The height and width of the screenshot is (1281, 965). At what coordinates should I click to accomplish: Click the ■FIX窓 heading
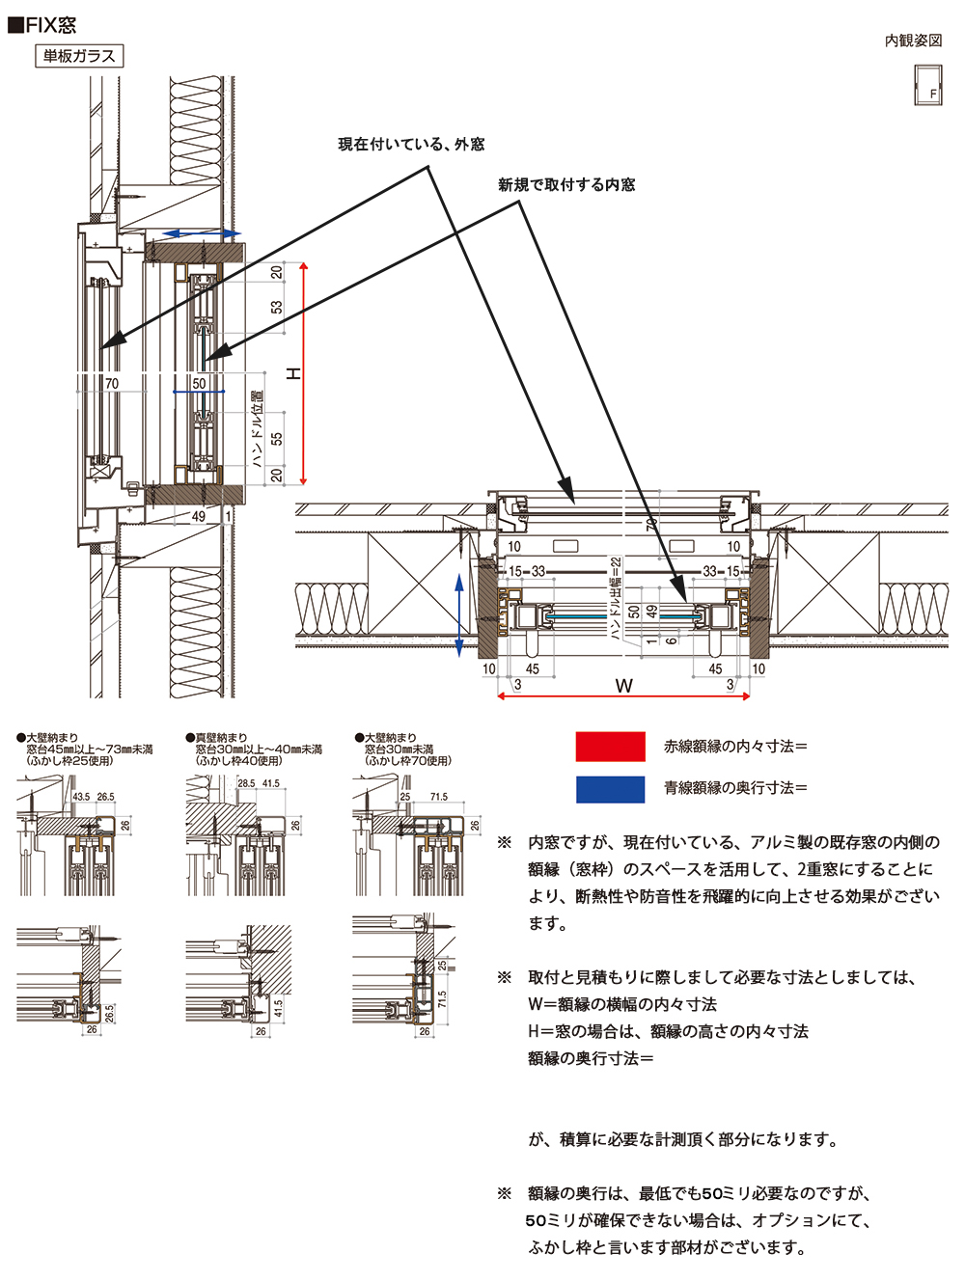pyautogui.click(x=42, y=25)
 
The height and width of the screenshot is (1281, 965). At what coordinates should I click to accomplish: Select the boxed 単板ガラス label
pyautogui.click(x=79, y=56)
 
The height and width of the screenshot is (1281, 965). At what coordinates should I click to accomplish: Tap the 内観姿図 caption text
pyautogui.click(x=913, y=41)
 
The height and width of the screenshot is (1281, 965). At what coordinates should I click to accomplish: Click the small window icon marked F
pyautogui.click(x=927, y=85)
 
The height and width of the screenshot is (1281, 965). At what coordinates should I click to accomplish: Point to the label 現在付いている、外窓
pyautogui.click(x=411, y=145)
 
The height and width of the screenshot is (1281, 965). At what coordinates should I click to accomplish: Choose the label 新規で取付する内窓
pyautogui.click(x=566, y=185)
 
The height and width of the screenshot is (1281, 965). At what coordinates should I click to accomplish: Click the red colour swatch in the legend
pyautogui.click(x=610, y=747)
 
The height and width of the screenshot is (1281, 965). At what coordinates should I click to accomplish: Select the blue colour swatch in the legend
pyautogui.click(x=610, y=789)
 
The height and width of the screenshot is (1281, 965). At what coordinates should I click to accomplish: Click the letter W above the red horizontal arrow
pyautogui.click(x=624, y=686)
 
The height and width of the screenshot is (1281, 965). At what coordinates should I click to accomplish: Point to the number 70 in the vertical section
pyautogui.click(x=112, y=384)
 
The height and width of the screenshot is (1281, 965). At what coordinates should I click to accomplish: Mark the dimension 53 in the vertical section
pyautogui.click(x=277, y=307)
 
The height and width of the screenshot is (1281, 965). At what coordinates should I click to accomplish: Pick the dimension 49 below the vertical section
pyautogui.click(x=199, y=516)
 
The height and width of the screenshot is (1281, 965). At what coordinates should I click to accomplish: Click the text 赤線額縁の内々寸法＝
pyautogui.click(x=735, y=747)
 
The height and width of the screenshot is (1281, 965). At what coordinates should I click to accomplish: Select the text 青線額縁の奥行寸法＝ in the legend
pyautogui.click(x=735, y=788)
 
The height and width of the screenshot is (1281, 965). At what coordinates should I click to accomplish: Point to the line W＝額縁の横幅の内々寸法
pyautogui.click(x=622, y=1004)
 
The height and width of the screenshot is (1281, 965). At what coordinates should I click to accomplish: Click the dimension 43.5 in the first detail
pyautogui.click(x=81, y=797)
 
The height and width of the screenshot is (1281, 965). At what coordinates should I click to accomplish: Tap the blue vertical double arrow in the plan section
pyautogui.click(x=459, y=613)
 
